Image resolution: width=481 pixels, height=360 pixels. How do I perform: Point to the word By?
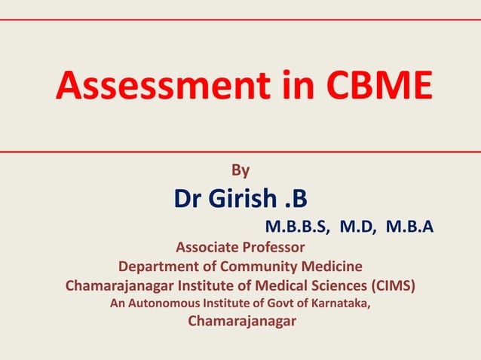click(x=239, y=171)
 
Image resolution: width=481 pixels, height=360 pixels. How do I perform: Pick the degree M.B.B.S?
click(x=295, y=226)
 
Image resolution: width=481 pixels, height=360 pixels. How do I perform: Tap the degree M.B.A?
click(x=409, y=226)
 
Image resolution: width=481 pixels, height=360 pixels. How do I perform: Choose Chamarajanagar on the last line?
click(x=241, y=322)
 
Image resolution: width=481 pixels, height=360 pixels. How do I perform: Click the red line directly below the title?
click(x=240, y=151)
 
